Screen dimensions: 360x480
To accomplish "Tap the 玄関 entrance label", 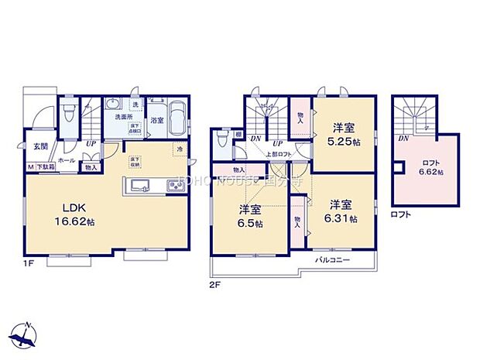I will coord(39,146).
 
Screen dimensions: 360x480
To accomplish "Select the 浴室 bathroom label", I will coord(156,121).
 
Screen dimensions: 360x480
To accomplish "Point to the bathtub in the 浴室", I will coord(178,118).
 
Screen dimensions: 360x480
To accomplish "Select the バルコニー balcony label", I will coord(334,260).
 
